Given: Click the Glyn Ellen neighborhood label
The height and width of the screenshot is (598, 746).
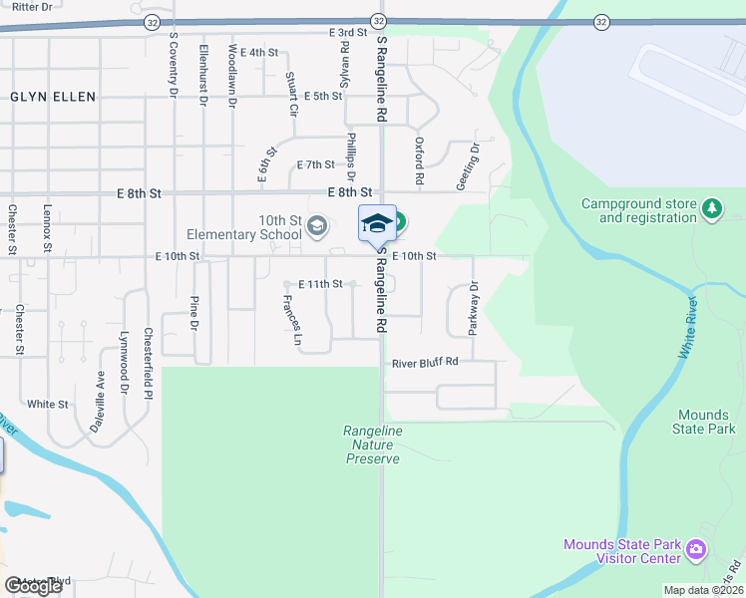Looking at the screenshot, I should (53, 97).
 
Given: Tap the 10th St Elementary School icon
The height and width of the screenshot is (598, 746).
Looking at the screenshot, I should (317, 225).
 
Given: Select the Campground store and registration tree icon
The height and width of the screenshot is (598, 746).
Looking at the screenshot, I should (711, 208).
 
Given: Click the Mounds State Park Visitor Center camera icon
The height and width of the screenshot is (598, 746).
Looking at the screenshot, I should (696, 549).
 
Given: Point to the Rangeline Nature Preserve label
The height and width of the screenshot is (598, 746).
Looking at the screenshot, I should (372, 445).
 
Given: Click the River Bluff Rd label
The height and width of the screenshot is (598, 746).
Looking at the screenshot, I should (425, 363).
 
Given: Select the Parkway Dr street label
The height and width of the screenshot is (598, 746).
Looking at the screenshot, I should (474, 306).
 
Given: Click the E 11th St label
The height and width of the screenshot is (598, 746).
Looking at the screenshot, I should (319, 284).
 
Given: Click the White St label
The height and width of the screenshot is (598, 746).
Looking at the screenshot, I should (48, 405).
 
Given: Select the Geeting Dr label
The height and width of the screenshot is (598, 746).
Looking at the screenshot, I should (473, 159).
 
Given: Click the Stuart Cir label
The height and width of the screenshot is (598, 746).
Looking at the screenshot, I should (291, 95).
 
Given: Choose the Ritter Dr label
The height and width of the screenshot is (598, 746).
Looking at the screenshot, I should (25, 6).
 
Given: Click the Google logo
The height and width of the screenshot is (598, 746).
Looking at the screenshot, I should (33, 586).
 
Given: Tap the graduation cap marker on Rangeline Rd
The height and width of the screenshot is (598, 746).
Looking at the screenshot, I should (376, 224).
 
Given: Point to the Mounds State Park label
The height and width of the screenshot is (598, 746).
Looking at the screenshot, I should (705, 422).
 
